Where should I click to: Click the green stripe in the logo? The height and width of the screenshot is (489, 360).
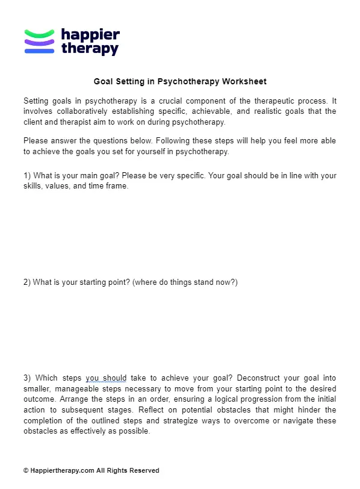39,33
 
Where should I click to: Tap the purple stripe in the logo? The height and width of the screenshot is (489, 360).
39,42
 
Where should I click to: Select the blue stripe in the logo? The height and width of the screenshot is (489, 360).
39,51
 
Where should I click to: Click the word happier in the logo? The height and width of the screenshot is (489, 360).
90,35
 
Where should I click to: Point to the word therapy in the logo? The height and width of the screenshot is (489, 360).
90,49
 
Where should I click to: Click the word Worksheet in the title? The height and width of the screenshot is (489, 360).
244,81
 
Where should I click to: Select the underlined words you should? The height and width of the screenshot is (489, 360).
106,378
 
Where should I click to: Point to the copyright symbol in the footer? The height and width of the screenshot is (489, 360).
26,470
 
